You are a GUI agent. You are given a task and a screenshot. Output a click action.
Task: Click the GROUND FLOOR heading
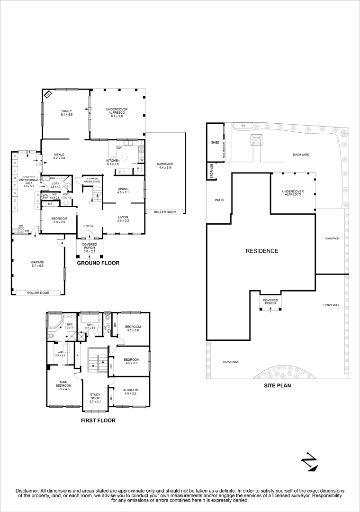pyautogui.click(x=98, y=263)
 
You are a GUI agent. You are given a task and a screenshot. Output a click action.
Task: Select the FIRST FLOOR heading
pyautogui.click(x=98, y=421)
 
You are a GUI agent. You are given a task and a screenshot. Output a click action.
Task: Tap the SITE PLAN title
pyautogui.click(x=278, y=386)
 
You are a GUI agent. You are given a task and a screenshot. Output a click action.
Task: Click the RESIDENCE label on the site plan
pyautogui.click(x=261, y=251)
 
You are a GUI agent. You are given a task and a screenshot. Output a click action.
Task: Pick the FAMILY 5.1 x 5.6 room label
pyautogui.click(x=66, y=113)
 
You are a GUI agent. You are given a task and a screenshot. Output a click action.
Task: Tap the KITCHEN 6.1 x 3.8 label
pyautogui.click(x=113, y=162)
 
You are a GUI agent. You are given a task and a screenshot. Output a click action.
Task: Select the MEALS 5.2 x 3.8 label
pyautogui.click(x=59, y=156)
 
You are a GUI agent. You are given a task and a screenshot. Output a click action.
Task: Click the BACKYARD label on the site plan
pyautogui.click(x=301, y=155)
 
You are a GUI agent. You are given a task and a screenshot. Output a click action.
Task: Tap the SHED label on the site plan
pyautogui.click(x=215, y=142)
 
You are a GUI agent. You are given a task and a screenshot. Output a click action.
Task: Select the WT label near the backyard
pyautogui.click(x=243, y=126)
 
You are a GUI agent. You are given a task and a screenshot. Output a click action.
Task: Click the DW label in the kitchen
pyautogui.click(x=120, y=147)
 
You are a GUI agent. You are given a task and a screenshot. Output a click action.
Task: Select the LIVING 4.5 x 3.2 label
pyautogui.click(x=123, y=219)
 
